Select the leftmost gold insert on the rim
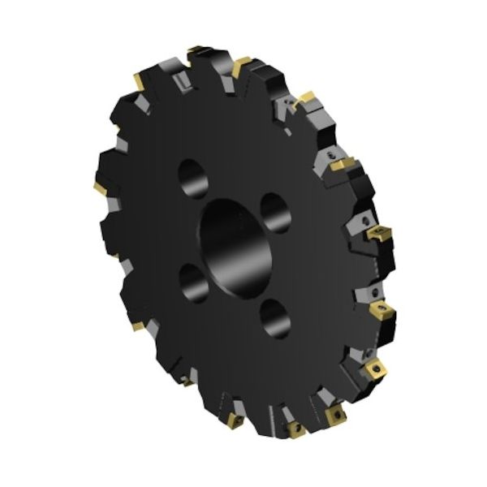click(99, 188)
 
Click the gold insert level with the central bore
click(378, 235)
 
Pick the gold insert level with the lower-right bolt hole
click(381, 311)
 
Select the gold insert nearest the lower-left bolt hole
click(138, 325)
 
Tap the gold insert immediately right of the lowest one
click(334, 416)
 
